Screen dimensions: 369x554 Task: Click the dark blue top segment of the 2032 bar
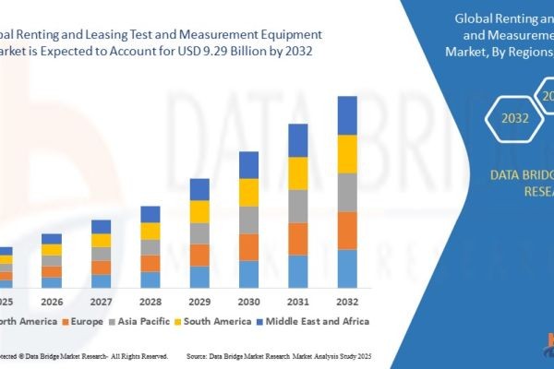[346, 115]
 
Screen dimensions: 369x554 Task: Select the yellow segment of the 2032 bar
[346, 154]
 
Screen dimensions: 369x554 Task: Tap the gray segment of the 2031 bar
[297, 206]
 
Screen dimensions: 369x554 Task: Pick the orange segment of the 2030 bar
[248, 246]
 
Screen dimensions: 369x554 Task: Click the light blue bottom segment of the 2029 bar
[199, 277]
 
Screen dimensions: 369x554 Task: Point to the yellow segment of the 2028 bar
[151, 231]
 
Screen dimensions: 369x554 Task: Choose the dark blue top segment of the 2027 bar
[102, 226]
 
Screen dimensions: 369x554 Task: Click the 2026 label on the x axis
[53, 302]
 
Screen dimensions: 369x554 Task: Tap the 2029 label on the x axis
[199, 302]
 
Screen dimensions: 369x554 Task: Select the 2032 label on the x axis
[346, 302]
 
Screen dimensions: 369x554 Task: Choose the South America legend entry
[215, 322]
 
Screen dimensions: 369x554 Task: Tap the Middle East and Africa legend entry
[316, 322]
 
